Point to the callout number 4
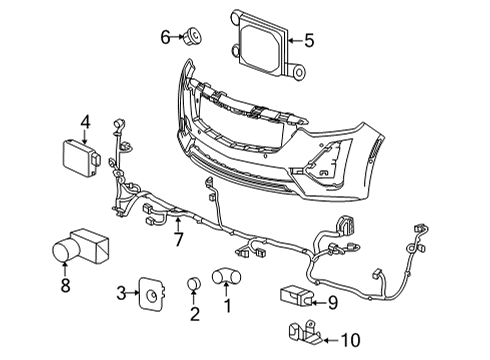(85, 124)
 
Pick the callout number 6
(166, 38)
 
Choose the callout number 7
(178, 239)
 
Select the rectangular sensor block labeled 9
(296, 297)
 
